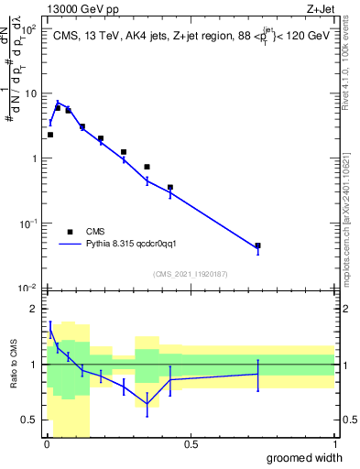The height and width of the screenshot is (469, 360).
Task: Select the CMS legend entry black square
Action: point(71,232)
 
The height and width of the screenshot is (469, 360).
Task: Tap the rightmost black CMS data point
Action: point(258,245)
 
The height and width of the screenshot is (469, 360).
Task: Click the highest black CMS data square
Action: point(58,108)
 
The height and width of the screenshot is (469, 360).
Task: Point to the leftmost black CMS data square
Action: point(49,135)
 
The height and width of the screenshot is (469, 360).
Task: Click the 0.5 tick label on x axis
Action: point(191,444)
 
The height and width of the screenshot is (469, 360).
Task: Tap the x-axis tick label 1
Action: point(334,444)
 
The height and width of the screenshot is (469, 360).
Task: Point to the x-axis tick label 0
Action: point(47,444)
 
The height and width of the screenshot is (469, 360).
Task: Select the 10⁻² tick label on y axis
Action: point(26,288)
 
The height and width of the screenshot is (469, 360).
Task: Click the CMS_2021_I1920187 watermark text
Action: point(191,273)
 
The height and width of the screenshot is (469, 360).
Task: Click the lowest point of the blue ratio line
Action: point(147,403)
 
